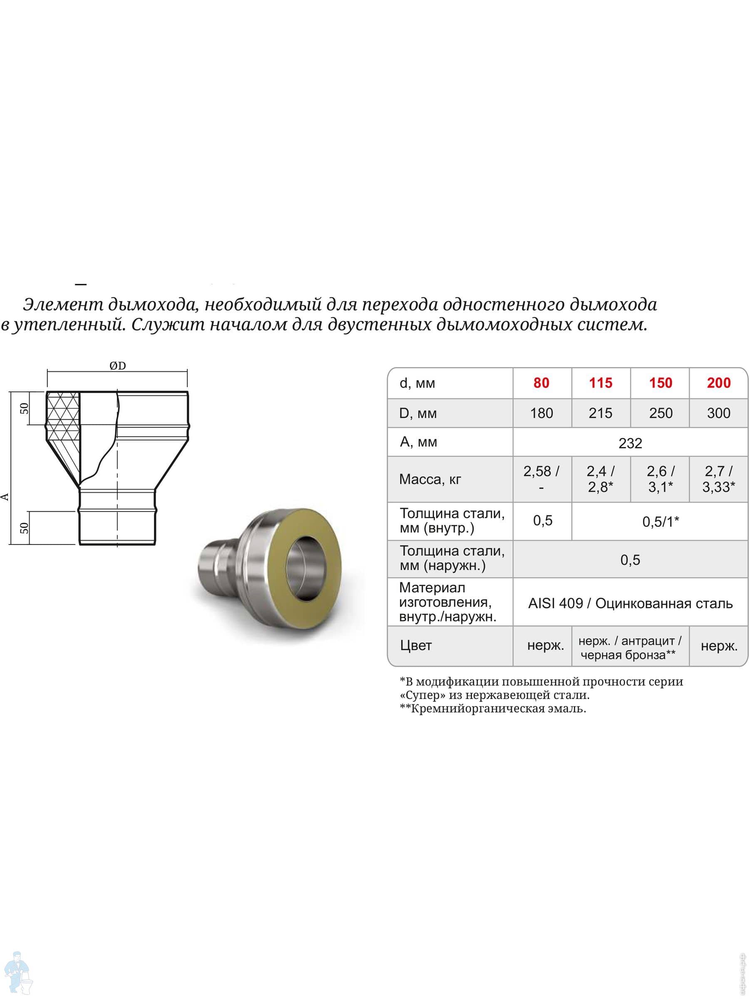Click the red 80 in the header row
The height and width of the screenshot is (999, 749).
pos(541,383)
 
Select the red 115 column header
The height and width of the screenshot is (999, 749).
pos(600,383)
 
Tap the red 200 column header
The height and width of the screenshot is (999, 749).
pos(718,383)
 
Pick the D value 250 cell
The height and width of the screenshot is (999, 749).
pos(660,413)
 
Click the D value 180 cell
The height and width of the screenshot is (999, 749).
pos(541,413)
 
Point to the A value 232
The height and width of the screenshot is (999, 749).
pos(630,443)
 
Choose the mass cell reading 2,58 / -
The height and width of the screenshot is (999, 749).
pos(541,479)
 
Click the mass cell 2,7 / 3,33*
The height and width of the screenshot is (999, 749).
pos(718,479)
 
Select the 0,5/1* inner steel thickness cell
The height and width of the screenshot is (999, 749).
pos(660,522)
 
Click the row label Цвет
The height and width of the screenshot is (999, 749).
pos(415,645)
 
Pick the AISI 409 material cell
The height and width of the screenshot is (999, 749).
pos(630,604)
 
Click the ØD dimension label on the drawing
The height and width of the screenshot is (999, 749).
pos(117,366)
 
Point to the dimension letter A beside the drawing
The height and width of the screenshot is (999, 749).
pos(5,497)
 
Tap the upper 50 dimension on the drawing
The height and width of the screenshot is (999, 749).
pos(25,408)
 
